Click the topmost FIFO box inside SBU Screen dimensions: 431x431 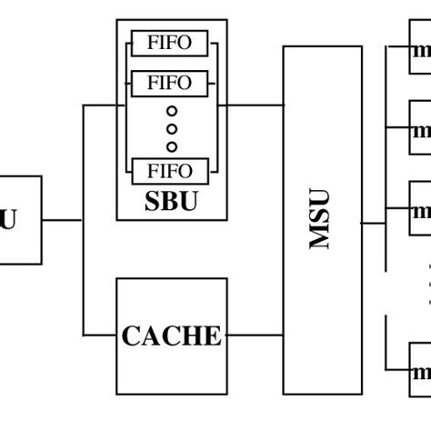pos(169,43)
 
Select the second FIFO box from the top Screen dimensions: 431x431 pos(169,83)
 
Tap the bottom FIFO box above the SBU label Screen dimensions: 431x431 pos(169,170)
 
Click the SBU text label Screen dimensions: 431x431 pos(171,202)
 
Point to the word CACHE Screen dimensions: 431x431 pos(171,336)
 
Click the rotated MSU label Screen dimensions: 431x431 pos(321,219)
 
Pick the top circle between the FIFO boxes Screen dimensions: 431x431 pos(171,111)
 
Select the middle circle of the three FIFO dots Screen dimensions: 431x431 pos(171,128)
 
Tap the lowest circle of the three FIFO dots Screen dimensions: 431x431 pos(171,145)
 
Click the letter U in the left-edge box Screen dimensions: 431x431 pos(8,220)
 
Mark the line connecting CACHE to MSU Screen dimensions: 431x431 pos(255,336)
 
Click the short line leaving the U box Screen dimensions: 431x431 pos(62,220)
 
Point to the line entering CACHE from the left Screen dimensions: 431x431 pos(100,336)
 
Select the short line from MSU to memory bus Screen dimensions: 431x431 pos(374,222)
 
